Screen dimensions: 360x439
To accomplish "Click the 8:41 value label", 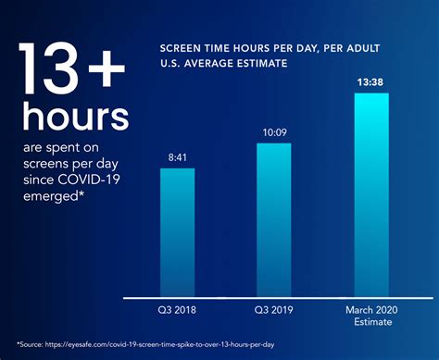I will coord(183,157).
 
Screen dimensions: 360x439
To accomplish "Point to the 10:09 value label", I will coord(274,132).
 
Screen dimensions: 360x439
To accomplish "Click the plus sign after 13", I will coord(105,67).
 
